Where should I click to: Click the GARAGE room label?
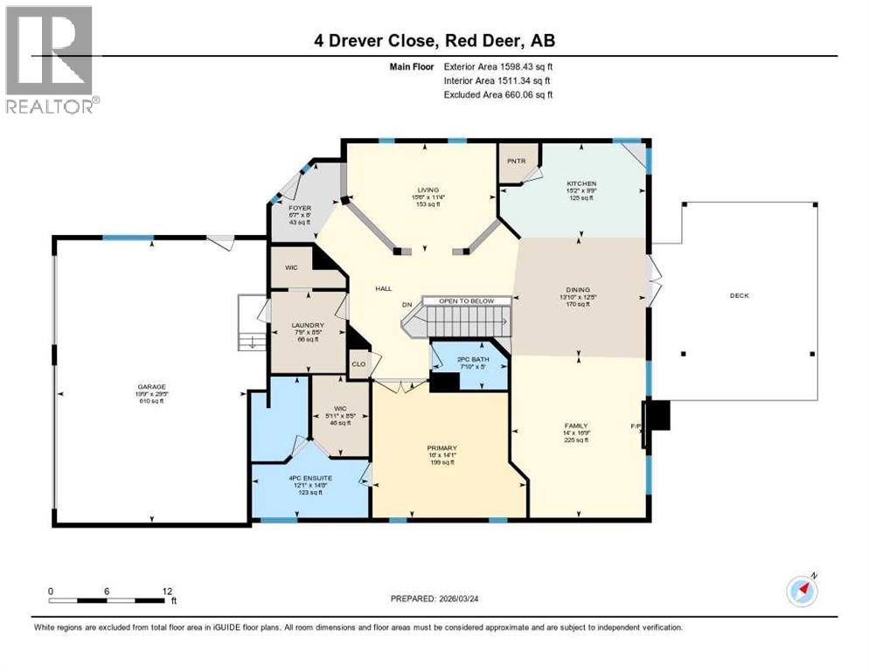click(151, 387)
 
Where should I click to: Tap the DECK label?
click(740, 295)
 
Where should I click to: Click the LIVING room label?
click(428, 190)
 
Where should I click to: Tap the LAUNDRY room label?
click(308, 325)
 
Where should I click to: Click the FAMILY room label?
click(576, 426)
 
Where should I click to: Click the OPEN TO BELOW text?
click(466, 301)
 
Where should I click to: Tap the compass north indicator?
click(802, 590)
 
